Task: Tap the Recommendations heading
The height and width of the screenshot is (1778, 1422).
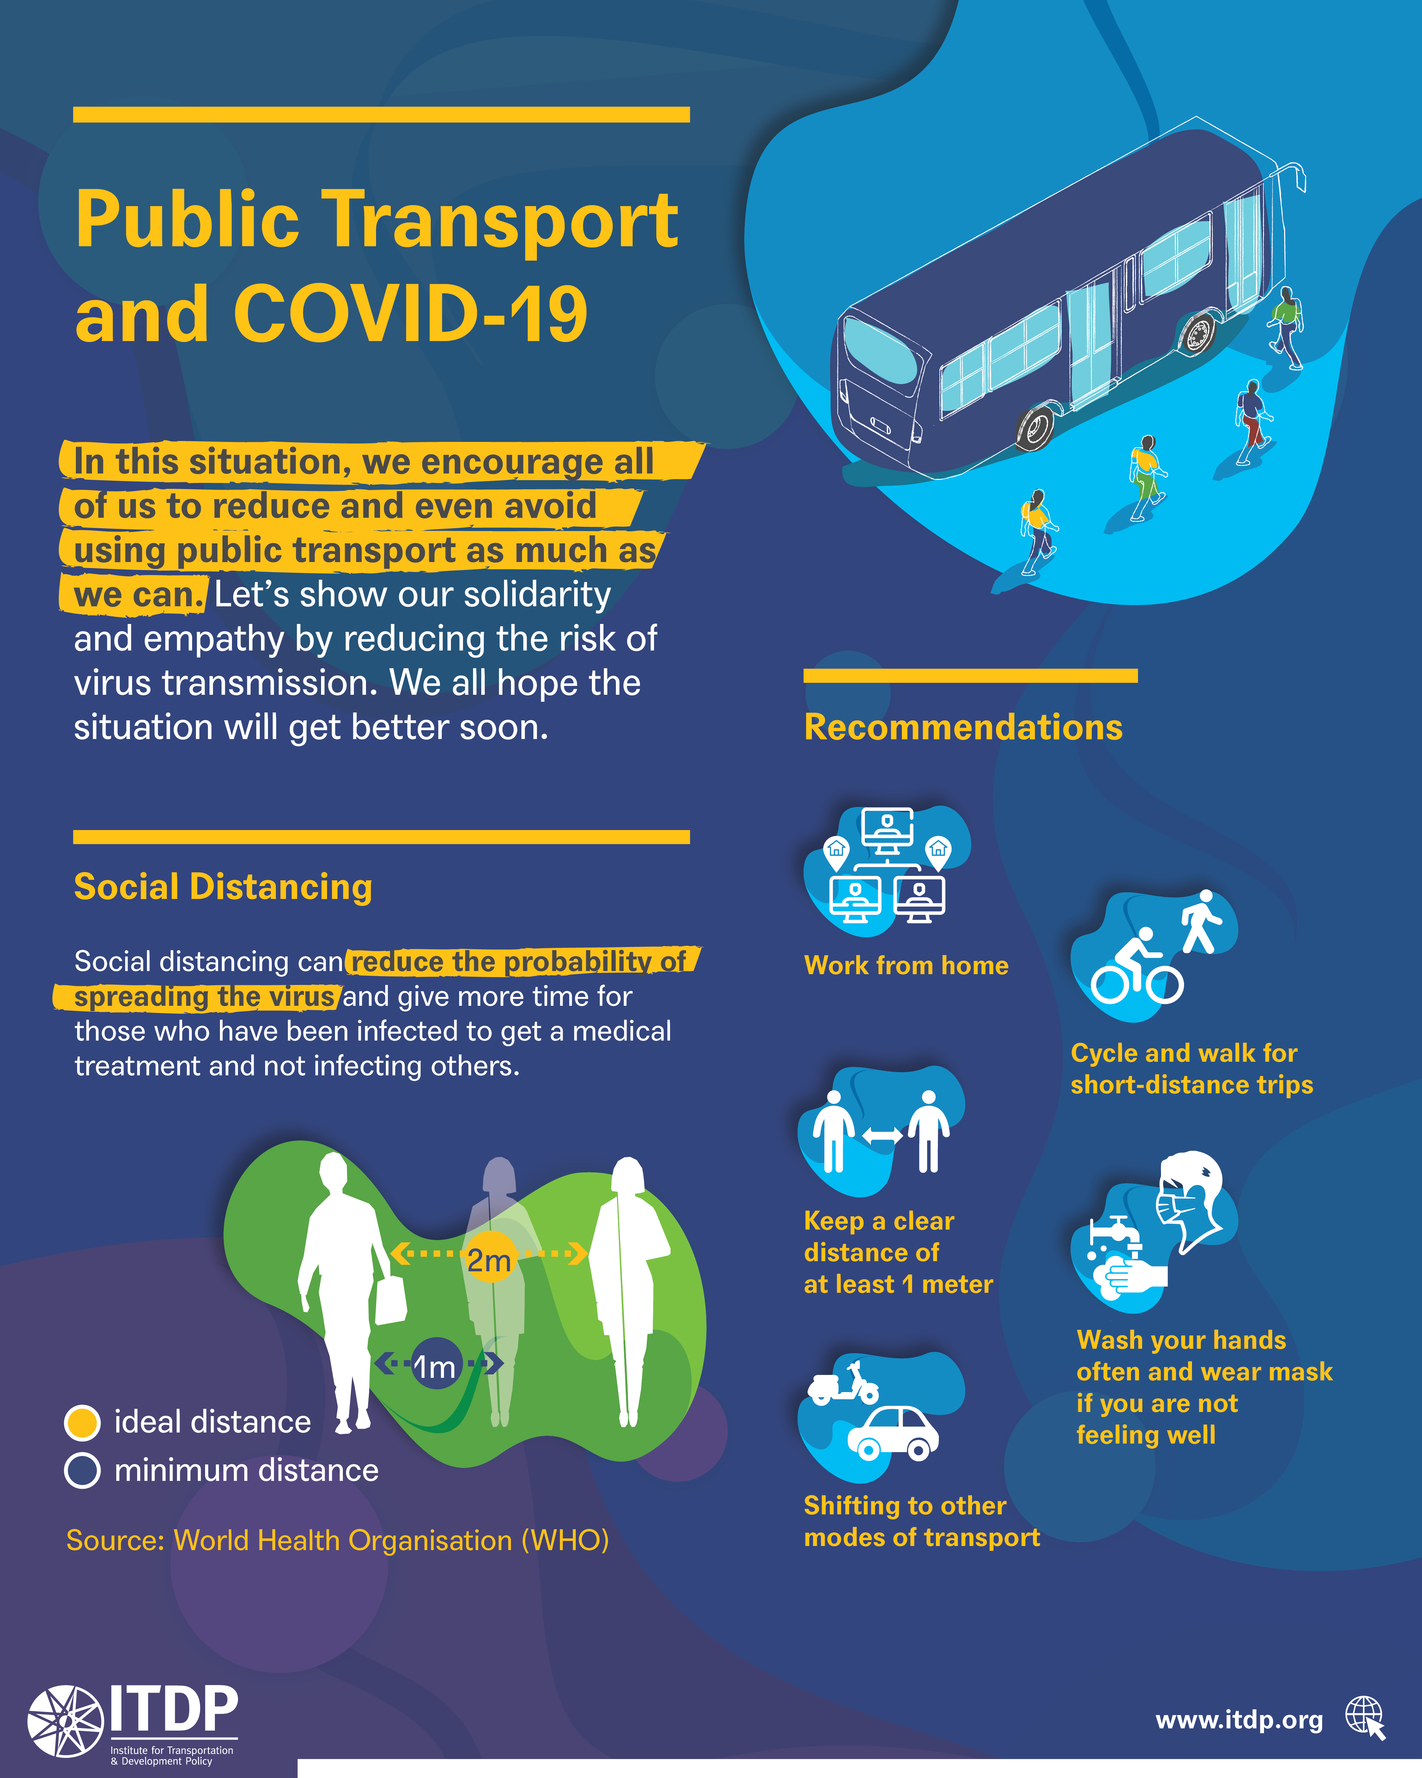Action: pos(963,727)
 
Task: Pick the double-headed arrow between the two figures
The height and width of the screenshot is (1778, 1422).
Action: pos(882,1136)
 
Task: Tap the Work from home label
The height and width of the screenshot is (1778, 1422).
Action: pos(906,966)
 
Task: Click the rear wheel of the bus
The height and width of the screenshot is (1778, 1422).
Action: pos(1035,426)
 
